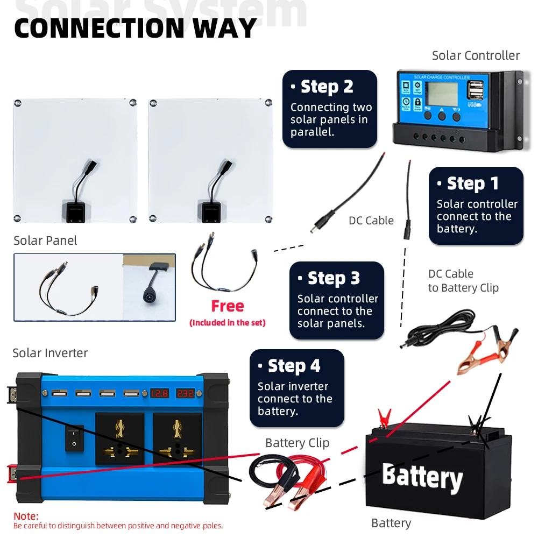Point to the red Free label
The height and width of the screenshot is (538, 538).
pyautogui.click(x=227, y=306)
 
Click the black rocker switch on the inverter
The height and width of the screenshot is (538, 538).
pyautogui.click(x=74, y=437)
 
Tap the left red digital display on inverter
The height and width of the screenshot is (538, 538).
pyautogui.click(x=159, y=393)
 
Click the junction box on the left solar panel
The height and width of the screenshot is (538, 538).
pyautogui.click(x=75, y=211)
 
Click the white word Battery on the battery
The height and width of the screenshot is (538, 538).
pyautogui.click(x=422, y=477)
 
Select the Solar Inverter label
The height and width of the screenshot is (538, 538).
pyautogui.click(x=50, y=353)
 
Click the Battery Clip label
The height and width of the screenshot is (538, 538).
pyautogui.click(x=297, y=443)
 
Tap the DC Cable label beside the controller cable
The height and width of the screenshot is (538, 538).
pyautogui.click(x=371, y=221)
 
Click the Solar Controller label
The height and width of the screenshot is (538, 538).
pyautogui.click(x=476, y=55)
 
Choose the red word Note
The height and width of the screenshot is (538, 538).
pyautogui.click(x=26, y=516)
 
